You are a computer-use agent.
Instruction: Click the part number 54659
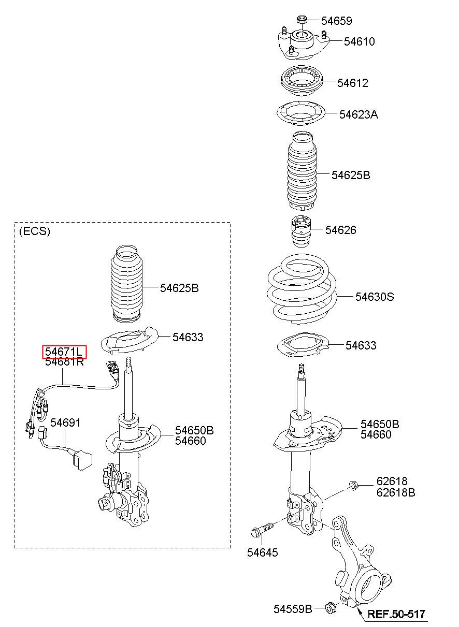tap(336, 21)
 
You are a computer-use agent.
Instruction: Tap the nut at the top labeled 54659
tap(302, 20)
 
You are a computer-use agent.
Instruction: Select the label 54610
tap(360, 42)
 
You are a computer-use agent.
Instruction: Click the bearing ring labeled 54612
tap(302, 81)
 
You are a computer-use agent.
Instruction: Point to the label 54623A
tap(358, 115)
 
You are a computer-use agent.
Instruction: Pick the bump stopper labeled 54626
tap(301, 231)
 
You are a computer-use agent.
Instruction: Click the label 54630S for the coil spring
tap(375, 297)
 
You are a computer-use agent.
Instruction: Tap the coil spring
tap(302, 288)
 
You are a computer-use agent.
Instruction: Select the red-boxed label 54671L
tap(64, 352)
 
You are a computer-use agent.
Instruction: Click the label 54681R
tap(64, 362)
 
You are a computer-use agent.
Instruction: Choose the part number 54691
tap(65, 422)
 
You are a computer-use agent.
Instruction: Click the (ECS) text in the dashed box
tap(35, 231)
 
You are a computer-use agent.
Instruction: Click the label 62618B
tap(396, 493)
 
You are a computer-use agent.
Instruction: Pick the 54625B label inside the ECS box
tap(179, 288)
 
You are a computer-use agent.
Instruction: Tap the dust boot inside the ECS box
tap(126, 284)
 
